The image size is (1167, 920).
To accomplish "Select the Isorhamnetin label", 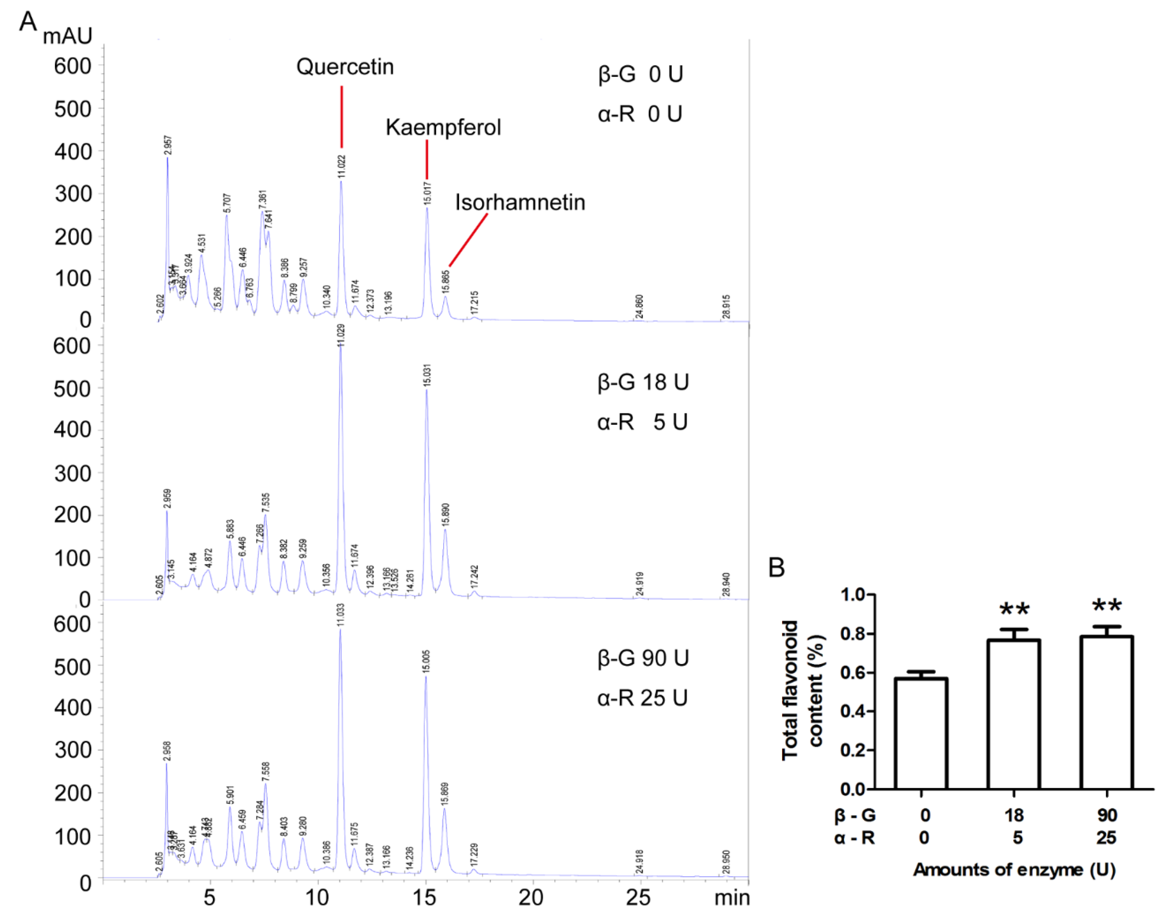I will point(520,203).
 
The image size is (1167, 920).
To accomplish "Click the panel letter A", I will point(28,22).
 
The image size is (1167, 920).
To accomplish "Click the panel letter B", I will point(777,567).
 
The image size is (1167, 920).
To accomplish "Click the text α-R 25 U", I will point(642,698).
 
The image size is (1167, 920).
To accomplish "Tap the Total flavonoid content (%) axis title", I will point(803,691).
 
